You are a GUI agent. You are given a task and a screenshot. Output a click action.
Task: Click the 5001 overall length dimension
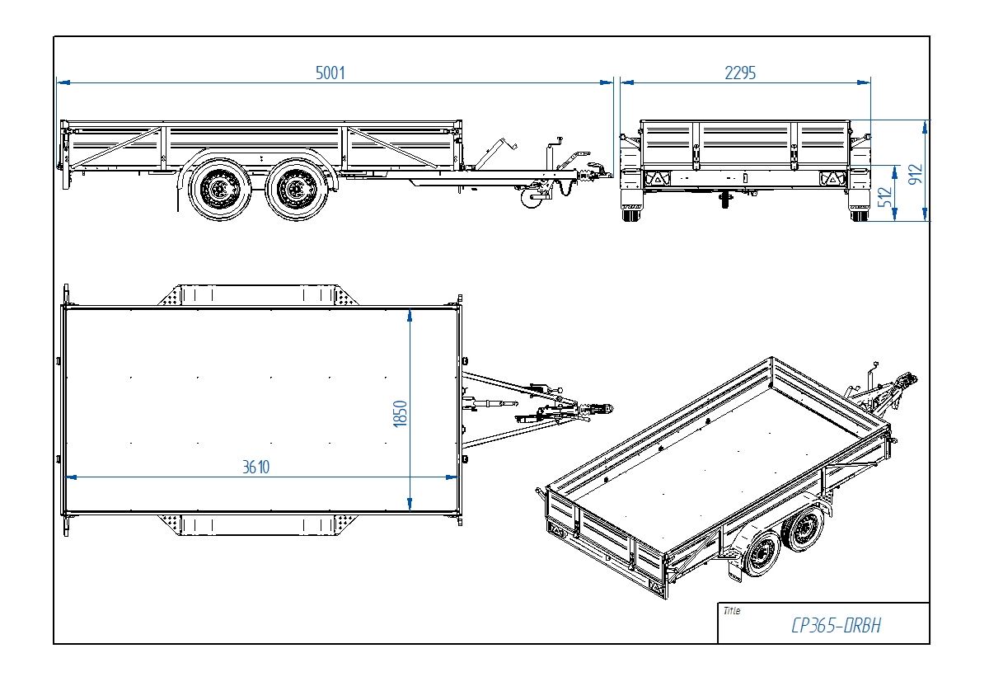tap(330, 73)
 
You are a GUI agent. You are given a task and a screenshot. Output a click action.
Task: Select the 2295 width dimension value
tap(739, 73)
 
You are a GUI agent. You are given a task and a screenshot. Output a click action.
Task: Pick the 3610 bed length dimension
tap(255, 467)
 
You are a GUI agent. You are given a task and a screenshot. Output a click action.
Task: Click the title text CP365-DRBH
tap(836, 626)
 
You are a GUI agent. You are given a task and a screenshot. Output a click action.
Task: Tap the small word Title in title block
tap(731, 611)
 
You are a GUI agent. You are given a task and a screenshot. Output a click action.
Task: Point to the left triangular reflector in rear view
tap(658, 177)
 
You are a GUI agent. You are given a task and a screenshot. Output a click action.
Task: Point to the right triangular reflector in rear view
tap(832, 177)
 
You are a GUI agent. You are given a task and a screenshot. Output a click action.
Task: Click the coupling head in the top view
tap(604, 408)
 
